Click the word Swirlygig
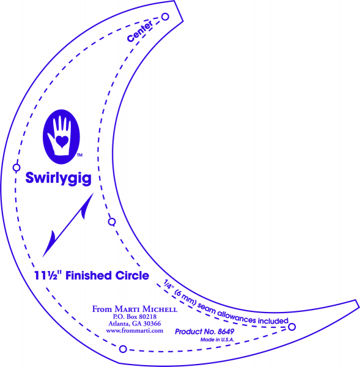pos(58,179)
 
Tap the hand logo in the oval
pos(61,136)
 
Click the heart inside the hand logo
pos(62,142)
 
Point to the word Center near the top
pos(140,31)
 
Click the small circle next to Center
pos(165,17)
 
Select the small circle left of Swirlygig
pos(17,168)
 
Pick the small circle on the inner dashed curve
pos(112,221)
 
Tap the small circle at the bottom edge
pos(123,349)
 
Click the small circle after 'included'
pos(292,327)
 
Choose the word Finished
pos(89,275)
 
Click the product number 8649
pos(226,332)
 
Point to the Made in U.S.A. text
pos(217,339)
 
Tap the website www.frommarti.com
pos(134,331)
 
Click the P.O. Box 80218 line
pos(134,317)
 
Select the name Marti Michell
pos(146,309)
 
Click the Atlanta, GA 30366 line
pos(134,324)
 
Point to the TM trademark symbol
pos(80,155)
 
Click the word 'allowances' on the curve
pos(237,317)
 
